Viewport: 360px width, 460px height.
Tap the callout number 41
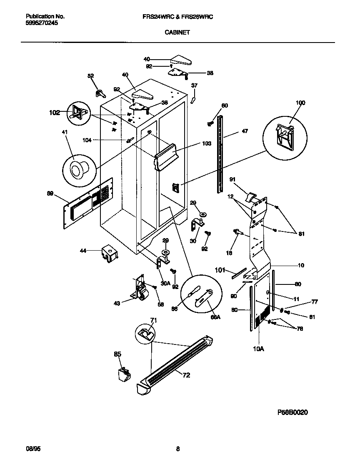(x=64, y=132)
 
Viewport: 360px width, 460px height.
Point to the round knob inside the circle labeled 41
(x=77, y=169)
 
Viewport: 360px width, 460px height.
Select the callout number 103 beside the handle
(x=207, y=143)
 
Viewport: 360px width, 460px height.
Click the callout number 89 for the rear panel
(x=50, y=194)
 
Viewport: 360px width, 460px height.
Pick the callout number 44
(x=83, y=251)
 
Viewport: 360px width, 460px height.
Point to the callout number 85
(x=117, y=354)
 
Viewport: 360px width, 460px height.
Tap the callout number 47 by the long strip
(x=245, y=131)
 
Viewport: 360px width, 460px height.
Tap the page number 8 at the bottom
(x=178, y=449)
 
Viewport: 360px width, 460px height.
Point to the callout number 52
(x=90, y=75)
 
